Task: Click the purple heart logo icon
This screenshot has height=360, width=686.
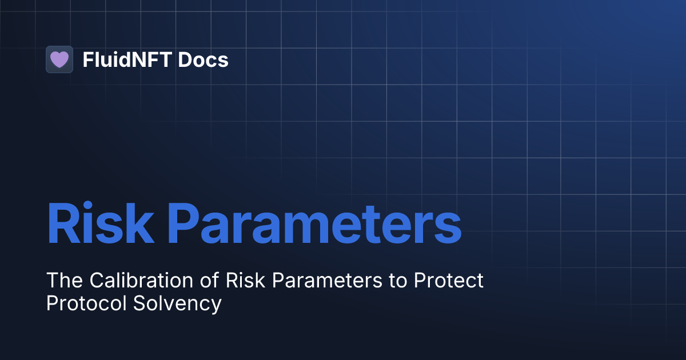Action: click(59, 59)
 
